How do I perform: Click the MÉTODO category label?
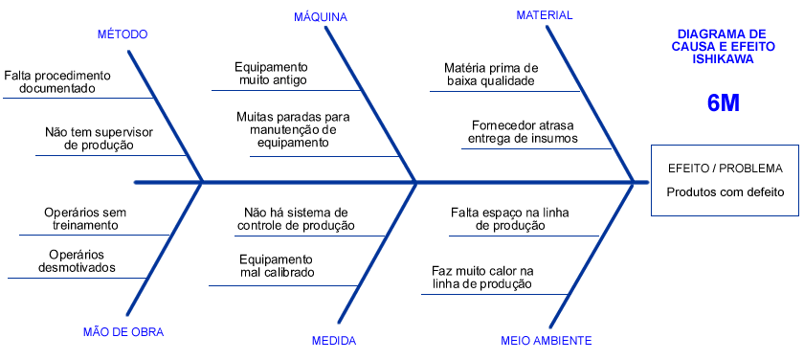(123, 34)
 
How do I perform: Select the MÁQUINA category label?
(321, 17)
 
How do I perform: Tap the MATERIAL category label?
(545, 15)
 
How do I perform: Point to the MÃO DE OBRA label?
(123, 332)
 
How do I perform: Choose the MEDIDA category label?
(334, 340)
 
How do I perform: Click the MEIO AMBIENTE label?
(547, 340)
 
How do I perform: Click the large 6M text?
(724, 103)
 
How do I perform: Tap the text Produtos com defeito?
(726, 191)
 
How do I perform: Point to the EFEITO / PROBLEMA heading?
(726, 169)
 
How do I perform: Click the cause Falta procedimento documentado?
(57, 81)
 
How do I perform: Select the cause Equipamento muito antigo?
(272, 75)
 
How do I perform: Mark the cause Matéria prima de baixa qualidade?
(491, 75)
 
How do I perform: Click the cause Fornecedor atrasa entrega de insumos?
(522, 132)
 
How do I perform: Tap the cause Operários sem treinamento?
(85, 218)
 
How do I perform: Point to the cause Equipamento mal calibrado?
(277, 265)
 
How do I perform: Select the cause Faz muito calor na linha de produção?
(482, 278)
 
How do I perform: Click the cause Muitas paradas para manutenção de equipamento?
(293, 129)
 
